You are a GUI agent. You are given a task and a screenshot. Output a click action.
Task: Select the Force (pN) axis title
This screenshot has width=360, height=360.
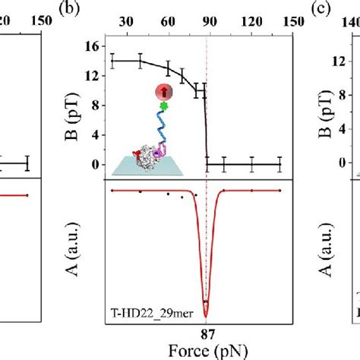[207, 352]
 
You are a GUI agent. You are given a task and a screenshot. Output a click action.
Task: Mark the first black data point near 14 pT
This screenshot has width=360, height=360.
[112, 61]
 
